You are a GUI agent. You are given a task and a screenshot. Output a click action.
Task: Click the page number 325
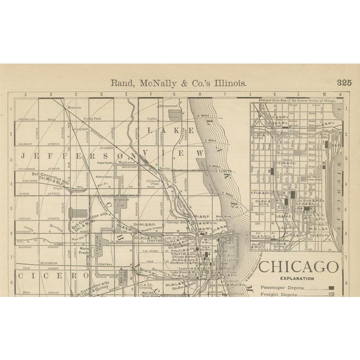[x=344, y=82]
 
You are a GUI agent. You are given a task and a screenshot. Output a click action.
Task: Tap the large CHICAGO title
[x=298, y=266]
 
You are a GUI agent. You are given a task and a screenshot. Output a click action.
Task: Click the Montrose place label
[x=75, y=106]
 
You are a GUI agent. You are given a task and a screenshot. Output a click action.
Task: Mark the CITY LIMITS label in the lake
[x=221, y=171]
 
